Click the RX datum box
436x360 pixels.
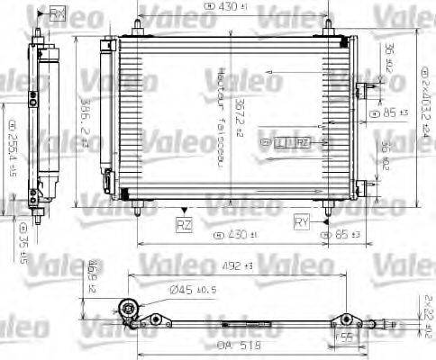(59, 13)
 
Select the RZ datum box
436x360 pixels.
(184, 221)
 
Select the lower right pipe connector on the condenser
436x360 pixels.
(365, 186)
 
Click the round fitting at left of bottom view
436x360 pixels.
(130, 308)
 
